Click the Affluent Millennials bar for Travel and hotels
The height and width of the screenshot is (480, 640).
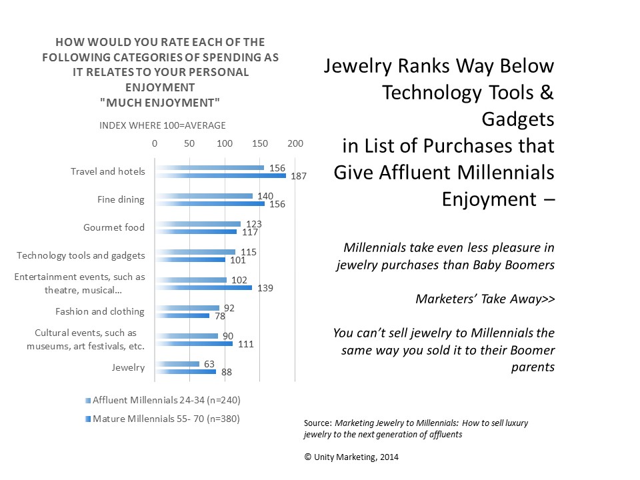click(x=209, y=168)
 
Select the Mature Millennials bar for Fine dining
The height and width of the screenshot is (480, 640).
click(x=209, y=203)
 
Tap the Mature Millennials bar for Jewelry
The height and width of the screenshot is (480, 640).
click(x=185, y=371)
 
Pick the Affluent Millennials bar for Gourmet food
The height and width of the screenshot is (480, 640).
click(x=197, y=224)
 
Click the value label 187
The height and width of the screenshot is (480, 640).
click(x=295, y=176)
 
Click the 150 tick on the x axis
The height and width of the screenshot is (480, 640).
click(x=260, y=143)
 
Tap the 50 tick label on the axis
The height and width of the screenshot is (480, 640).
click(x=189, y=143)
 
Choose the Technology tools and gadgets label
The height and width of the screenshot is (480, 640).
click(x=80, y=255)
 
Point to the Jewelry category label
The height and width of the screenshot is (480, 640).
click(x=129, y=367)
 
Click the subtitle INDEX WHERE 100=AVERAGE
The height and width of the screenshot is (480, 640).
click(x=163, y=125)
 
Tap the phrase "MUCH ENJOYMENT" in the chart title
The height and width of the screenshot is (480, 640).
click(x=160, y=101)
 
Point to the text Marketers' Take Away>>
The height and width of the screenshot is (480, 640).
click(x=485, y=299)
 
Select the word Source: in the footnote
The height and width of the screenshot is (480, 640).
click(x=317, y=422)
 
